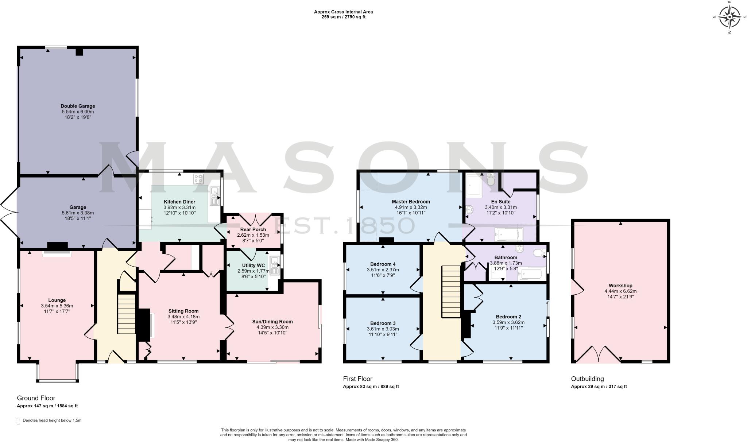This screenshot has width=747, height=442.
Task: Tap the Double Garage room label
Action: point(78,106)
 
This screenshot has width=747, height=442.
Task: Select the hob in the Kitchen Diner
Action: point(198,179)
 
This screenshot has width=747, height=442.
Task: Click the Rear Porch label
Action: point(253,230)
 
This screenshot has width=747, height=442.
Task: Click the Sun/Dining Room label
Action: point(272,322)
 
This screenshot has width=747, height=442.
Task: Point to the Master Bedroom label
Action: point(411,202)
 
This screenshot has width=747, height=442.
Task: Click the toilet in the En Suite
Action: point(491,180)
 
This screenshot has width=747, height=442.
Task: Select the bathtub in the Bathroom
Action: point(532,274)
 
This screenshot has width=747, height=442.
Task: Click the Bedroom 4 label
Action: point(383,264)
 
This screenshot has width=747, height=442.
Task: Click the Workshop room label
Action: point(620,286)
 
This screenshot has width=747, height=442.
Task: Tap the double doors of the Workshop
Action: point(599,354)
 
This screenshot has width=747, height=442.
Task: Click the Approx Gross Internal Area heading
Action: point(343,12)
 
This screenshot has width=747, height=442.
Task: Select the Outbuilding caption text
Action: point(587,379)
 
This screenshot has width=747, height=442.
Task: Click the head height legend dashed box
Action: point(19,421)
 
